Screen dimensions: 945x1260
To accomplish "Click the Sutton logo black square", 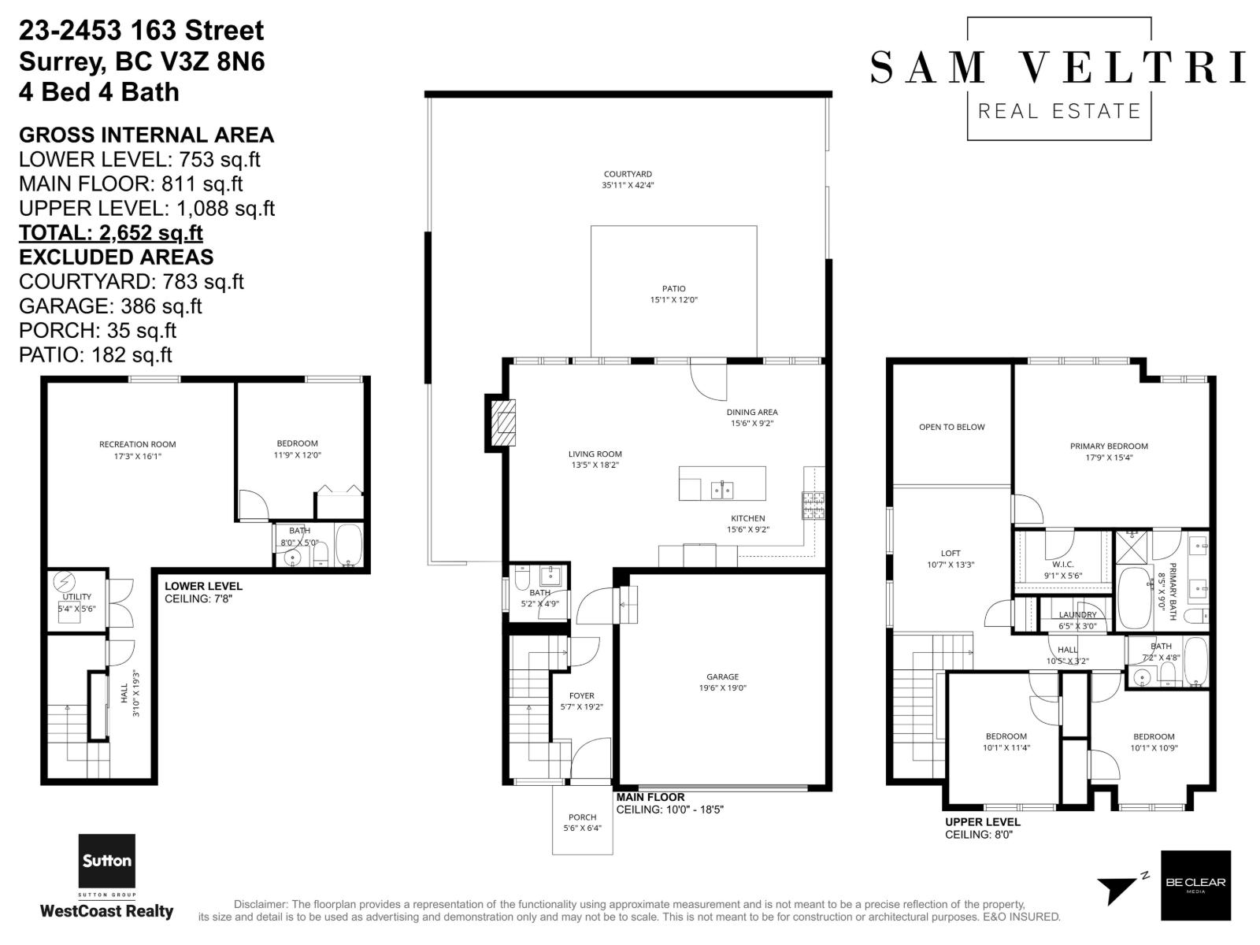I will click(106, 862).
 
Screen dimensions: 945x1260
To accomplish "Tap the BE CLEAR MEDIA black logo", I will click(1195, 885).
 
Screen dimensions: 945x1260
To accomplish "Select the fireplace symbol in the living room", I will click(502, 422).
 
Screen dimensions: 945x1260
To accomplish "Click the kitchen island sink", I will click(722, 490).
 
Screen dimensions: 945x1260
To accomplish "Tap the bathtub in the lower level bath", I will click(348, 545).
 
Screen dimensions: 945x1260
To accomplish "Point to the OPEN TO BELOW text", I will click(951, 427).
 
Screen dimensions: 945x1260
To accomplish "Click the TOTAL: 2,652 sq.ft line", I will click(111, 233).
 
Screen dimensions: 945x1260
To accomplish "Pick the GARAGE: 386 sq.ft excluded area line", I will click(110, 306).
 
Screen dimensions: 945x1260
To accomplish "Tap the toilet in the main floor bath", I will click(521, 580).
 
